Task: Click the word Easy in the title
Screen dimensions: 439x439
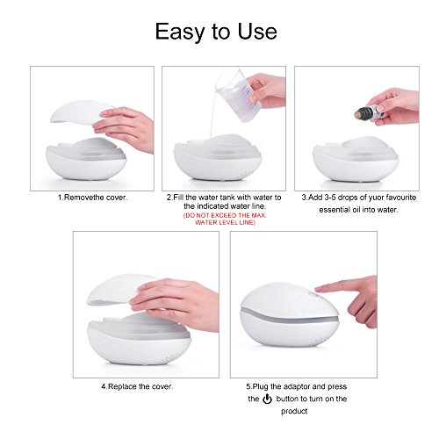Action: pyautogui.click(x=179, y=32)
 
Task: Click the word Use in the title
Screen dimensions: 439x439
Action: pyautogui.click(x=257, y=31)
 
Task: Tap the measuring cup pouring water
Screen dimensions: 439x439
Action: pyautogui.click(x=235, y=94)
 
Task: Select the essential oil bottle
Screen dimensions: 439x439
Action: pyautogui.click(x=368, y=112)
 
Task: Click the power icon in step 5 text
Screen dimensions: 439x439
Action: pyautogui.click(x=267, y=399)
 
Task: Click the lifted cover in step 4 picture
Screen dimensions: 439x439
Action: pyautogui.click(x=120, y=290)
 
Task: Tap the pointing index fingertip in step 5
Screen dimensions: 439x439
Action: pyautogui.click(x=318, y=289)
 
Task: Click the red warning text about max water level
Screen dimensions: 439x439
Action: pyautogui.click(x=225, y=219)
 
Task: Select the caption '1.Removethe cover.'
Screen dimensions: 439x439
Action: pyautogui.click(x=92, y=198)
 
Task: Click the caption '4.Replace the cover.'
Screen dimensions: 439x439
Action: pyautogui.click(x=137, y=386)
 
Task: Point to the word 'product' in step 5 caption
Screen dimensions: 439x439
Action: pyautogui.click(x=294, y=411)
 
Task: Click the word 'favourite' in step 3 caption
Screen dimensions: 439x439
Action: pyautogui.click(x=401, y=198)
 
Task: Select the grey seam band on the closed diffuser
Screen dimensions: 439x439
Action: pyautogui.click(x=289, y=317)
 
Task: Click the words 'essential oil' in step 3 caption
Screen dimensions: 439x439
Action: pyautogui.click(x=344, y=210)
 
